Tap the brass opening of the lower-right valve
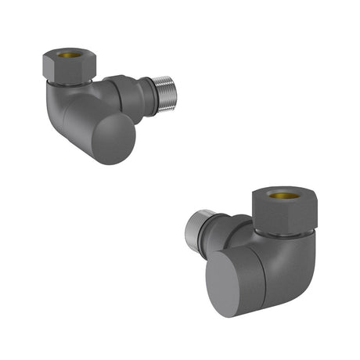coord(284,195)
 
